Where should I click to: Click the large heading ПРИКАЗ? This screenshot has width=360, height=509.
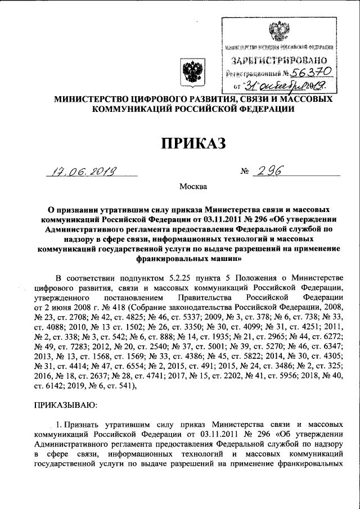193,143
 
